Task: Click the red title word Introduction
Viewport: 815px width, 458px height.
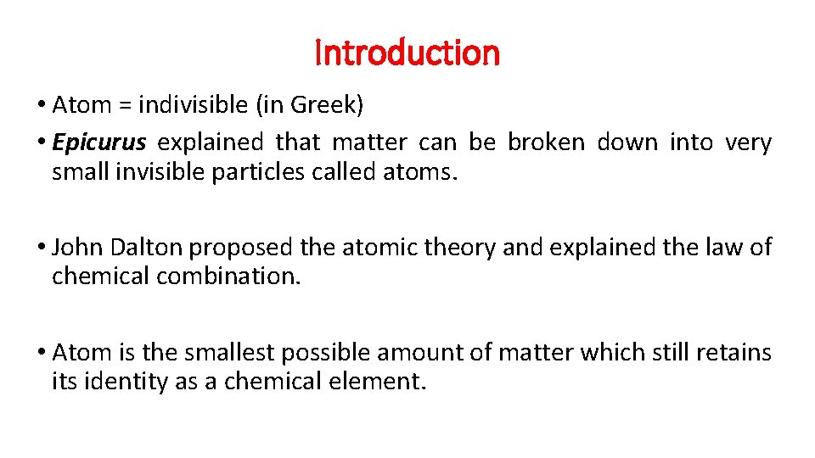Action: pyautogui.click(x=407, y=53)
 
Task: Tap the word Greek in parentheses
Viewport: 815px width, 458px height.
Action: pyautogui.click(x=327, y=105)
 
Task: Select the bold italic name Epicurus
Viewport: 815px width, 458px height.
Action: pyautogui.click(x=98, y=142)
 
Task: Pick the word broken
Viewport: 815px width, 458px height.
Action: pyautogui.click(x=546, y=142)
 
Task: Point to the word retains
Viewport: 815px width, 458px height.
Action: pyautogui.click(x=730, y=351)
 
